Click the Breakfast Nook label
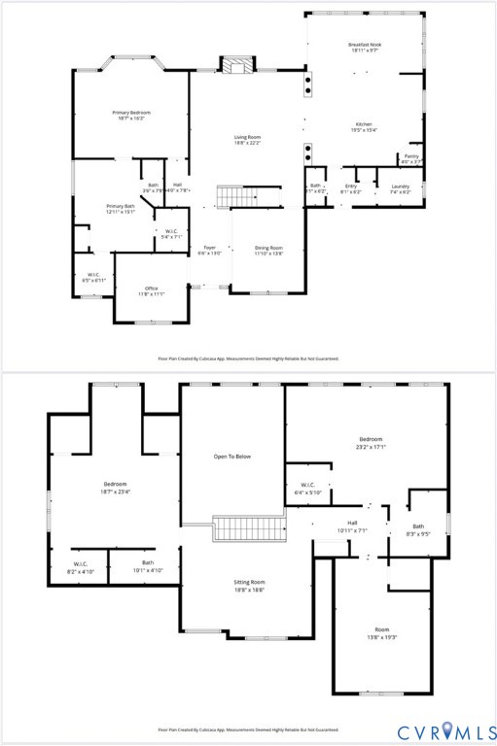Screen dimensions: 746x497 pyautogui.click(x=365, y=45)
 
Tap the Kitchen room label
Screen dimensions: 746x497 pyautogui.click(x=364, y=124)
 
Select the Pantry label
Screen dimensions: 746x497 pyautogui.click(x=411, y=158)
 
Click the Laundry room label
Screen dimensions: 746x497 pyautogui.click(x=400, y=186)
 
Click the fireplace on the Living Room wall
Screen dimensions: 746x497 pyautogui.click(x=234, y=66)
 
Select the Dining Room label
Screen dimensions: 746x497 pyautogui.click(x=268, y=249)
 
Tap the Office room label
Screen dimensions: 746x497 pyautogui.click(x=152, y=288)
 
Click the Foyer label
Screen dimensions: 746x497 pyautogui.click(x=209, y=249)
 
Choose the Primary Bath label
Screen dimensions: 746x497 pyautogui.click(x=122, y=206)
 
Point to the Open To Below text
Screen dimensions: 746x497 pyautogui.click(x=232, y=456)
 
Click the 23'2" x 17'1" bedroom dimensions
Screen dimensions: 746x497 pyautogui.click(x=370, y=447)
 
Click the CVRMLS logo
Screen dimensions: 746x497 pyautogui.click(x=444, y=729)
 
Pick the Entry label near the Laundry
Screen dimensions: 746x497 pyautogui.click(x=350, y=186)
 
